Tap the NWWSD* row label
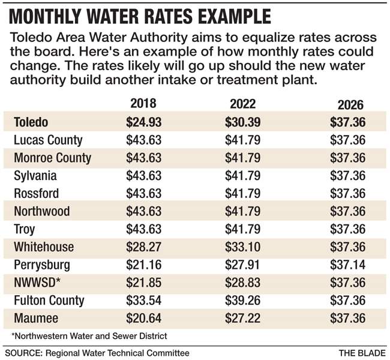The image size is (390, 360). click(37, 283)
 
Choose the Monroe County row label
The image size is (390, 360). click(53, 158)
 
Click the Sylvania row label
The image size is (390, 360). click(36, 176)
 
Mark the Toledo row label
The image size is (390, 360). click(32, 122)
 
